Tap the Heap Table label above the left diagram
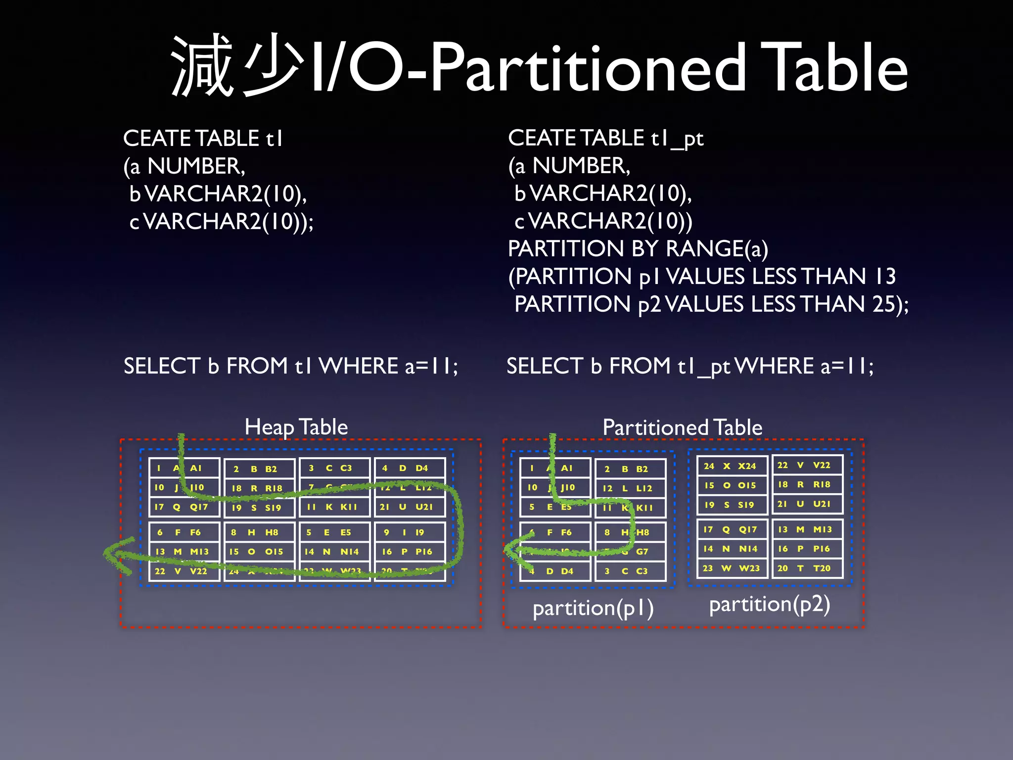pos(296,427)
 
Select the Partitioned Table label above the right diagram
pos(682,427)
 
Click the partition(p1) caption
pos(593,608)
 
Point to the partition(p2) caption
pos(769,604)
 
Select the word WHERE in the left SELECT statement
pos(358,366)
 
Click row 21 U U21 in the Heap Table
pos(409,507)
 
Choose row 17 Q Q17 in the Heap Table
pos(183,507)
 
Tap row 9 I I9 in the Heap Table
pos(409,532)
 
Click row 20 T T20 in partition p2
pos(806,569)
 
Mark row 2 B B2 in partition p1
pos(630,469)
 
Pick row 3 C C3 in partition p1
pos(630,571)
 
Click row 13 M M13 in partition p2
pos(806,529)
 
